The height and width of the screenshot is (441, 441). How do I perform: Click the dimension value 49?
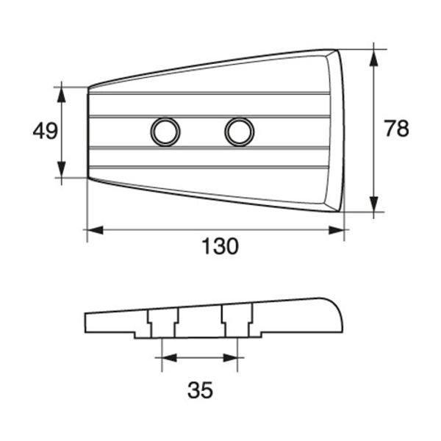46,132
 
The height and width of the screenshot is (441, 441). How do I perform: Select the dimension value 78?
397,129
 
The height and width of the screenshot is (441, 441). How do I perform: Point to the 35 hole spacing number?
199,390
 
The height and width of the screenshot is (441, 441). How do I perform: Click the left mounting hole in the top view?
165,132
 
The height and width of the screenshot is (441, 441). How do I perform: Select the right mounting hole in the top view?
239,132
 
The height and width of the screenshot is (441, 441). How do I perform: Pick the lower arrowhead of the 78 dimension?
375,208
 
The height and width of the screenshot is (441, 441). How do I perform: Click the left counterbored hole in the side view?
162,323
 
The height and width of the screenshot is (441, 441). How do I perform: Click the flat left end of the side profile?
87,322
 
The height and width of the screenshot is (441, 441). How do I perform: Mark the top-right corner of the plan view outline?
337,50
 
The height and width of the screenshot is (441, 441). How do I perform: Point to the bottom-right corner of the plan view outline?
340,212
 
